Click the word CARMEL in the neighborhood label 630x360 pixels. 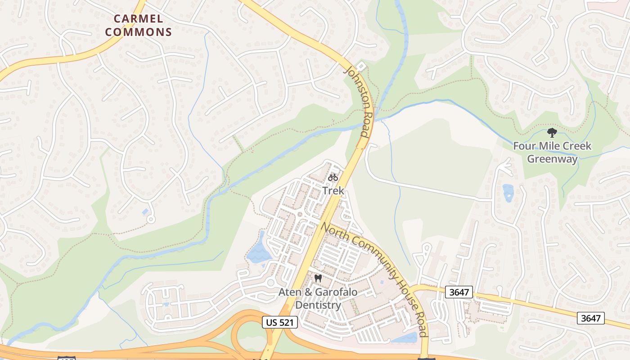[138, 19]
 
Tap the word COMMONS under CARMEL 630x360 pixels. [143, 32]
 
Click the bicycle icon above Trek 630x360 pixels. [333, 177]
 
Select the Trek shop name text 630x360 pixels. [333, 190]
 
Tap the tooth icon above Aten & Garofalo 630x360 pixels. [318, 279]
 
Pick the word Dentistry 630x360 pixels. [318, 305]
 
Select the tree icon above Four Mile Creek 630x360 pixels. [552, 133]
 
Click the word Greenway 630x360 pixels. [552, 159]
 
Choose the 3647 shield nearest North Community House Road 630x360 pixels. [459, 292]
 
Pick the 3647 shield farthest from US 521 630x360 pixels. [591, 318]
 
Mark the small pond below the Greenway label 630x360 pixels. [508, 193]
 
